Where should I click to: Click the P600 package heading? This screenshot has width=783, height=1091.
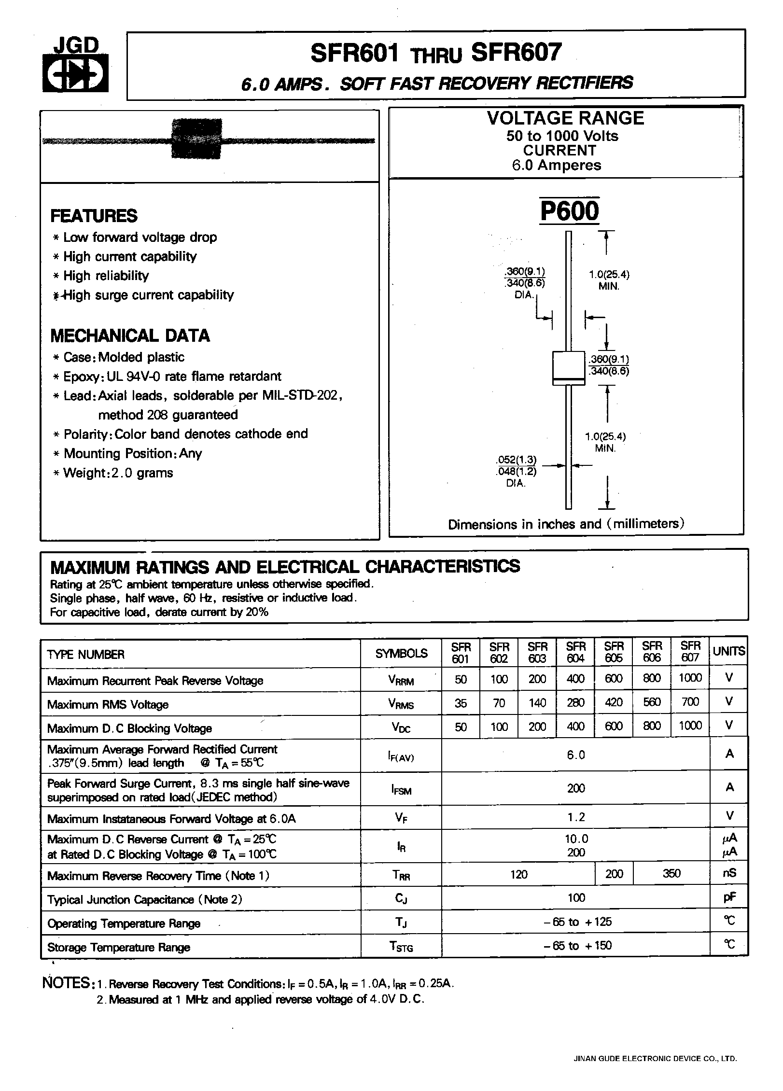click(569, 211)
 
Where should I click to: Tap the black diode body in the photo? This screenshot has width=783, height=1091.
click(197, 139)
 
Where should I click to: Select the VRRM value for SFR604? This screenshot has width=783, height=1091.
click(575, 678)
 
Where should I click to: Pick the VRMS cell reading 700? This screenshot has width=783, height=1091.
click(690, 702)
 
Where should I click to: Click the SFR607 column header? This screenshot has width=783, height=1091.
click(690, 652)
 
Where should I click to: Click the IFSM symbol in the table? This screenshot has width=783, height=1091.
click(401, 790)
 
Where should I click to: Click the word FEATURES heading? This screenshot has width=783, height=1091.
click(94, 216)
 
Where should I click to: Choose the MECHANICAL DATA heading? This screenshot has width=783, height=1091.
click(130, 336)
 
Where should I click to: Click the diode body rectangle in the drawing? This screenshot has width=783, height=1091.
click(568, 368)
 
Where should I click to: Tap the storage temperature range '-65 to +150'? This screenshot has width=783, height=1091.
click(575, 945)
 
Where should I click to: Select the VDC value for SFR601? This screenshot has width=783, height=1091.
click(461, 726)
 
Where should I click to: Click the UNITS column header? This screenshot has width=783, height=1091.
click(728, 652)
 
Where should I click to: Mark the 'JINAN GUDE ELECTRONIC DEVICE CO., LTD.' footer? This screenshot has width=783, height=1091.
click(655, 1059)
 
